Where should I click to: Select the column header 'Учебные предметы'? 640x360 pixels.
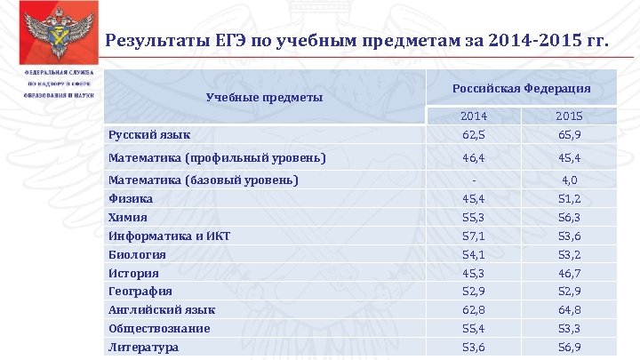pyautogui.click(x=264, y=97)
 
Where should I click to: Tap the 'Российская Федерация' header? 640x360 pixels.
pyautogui.click(x=521, y=89)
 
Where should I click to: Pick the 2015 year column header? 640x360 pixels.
pyautogui.click(x=568, y=116)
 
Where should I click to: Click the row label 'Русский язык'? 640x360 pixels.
pyautogui.click(x=148, y=135)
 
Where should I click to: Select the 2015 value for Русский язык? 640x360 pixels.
pyautogui.click(x=568, y=135)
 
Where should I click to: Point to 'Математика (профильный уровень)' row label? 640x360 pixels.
pyautogui.click(x=216, y=158)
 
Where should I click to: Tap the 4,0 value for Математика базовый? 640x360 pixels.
pyautogui.click(x=568, y=180)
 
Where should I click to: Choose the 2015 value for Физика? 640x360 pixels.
pyautogui.click(x=568, y=199)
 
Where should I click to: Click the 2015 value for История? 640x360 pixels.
pyautogui.click(x=568, y=274)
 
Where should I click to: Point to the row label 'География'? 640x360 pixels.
pyautogui.click(x=140, y=292)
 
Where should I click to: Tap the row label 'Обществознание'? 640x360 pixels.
pyautogui.click(x=159, y=329)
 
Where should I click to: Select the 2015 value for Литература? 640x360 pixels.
pyautogui.click(x=568, y=348)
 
